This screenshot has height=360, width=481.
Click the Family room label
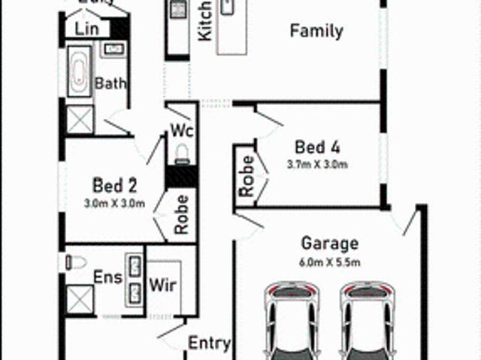coord(316,32)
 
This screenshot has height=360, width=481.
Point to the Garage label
coord(329,244)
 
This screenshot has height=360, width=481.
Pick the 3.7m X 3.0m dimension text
coord(317,164)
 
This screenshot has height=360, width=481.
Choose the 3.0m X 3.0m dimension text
coord(115,203)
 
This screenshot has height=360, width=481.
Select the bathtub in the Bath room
coord(78,72)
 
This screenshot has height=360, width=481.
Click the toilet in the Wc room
coord(181,154)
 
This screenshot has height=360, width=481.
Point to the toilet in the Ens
coord(75,262)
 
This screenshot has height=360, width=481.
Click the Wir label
coord(162,286)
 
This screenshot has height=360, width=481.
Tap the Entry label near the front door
coord(208,343)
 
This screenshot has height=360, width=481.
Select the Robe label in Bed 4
coord(246,177)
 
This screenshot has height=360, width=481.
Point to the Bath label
coord(110,83)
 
